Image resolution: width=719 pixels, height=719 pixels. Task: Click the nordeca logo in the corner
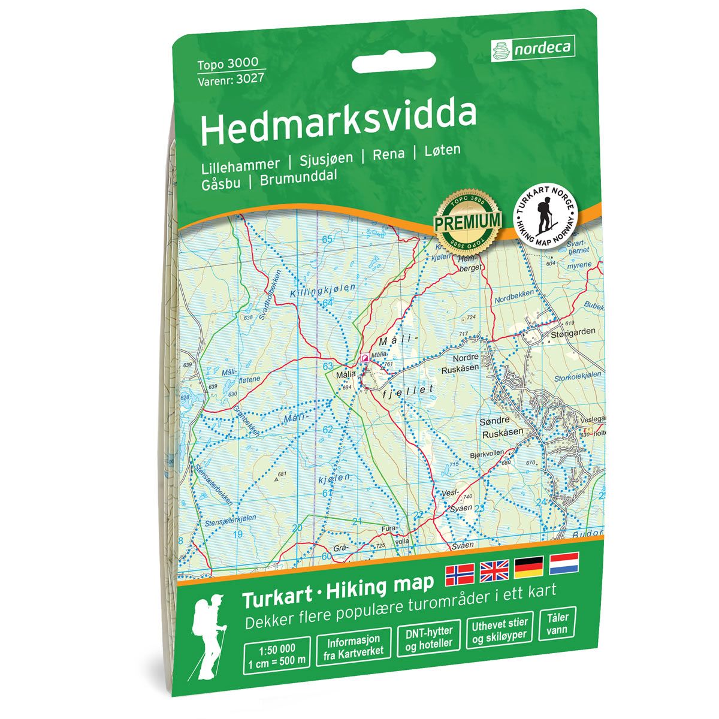coord(533,48)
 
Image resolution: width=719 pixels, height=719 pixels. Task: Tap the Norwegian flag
coord(460,574)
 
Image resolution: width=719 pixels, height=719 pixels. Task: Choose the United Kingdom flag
coord(494,570)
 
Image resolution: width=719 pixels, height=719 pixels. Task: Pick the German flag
coord(528,566)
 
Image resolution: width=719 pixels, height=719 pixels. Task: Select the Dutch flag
coord(563,563)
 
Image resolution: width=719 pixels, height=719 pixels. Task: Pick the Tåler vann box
coord(558,623)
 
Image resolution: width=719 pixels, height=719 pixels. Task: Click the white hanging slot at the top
coord(394,62)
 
